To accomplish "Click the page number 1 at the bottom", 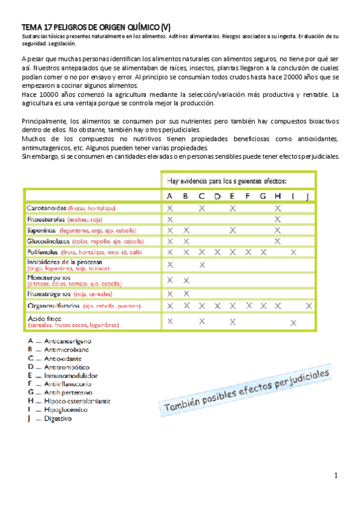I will point(337,476).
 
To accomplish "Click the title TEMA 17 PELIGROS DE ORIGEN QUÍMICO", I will point(96,27).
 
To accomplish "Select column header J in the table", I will point(308,196).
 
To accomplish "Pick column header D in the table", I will point(217,196).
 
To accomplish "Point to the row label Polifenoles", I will point(46,252).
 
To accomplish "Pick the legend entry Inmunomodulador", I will point(71,375).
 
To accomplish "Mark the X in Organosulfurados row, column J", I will point(308,306).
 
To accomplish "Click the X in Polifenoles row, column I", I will point(293,252).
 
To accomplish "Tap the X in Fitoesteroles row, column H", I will point(277,219).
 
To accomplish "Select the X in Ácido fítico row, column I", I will point(293,322).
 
